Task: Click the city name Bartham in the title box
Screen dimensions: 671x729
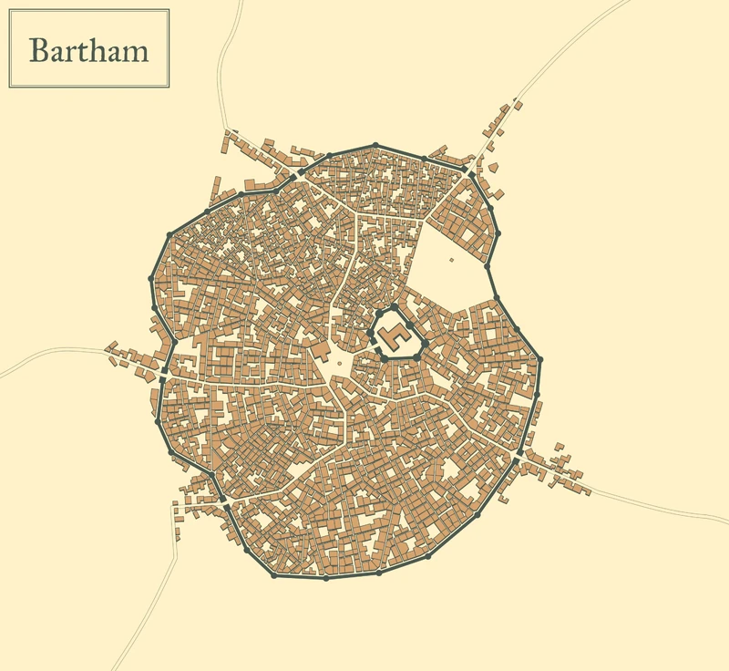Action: pyautogui.click(x=88, y=49)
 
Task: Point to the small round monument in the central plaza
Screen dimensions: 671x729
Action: pyautogui.click(x=340, y=362)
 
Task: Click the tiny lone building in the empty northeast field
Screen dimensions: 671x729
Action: pyautogui.click(x=451, y=260)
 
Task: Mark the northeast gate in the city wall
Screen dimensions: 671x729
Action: pyautogui.click(x=467, y=170)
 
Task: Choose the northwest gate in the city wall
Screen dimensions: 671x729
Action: pyautogui.click(x=300, y=170)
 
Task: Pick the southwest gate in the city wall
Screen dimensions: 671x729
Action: pyautogui.click(x=223, y=500)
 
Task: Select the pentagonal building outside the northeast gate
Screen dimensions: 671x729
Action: pyautogui.click(x=493, y=168)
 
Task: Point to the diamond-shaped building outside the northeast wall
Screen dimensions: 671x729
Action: pyautogui.click(x=499, y=191)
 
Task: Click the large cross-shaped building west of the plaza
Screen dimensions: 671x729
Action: pyautogui.click(x=320, y=350)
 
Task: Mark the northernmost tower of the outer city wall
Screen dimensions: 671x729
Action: pyautogui.click(x=375, y=145)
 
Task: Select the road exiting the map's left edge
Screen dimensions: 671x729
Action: pyautogui.click(x=14, y=372)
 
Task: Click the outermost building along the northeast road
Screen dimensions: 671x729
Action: pyautogui.click(x=518, y=105)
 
